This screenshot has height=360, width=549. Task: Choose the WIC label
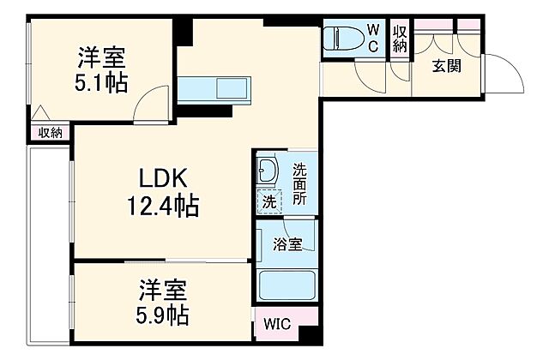tap(276, 325)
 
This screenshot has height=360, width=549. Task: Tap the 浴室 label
tap(287, 245)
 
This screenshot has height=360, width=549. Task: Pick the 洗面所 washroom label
tap(299, 183)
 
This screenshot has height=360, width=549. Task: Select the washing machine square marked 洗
tap(269, 203)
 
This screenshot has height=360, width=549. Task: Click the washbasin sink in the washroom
tap(268, 171)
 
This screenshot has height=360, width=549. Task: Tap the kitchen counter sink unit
tap(216, 87)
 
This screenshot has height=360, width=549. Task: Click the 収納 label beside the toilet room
tap(399, 39)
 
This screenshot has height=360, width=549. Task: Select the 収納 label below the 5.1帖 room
tap(50, 132)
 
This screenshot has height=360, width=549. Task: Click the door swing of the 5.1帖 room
tap(154, 104)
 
